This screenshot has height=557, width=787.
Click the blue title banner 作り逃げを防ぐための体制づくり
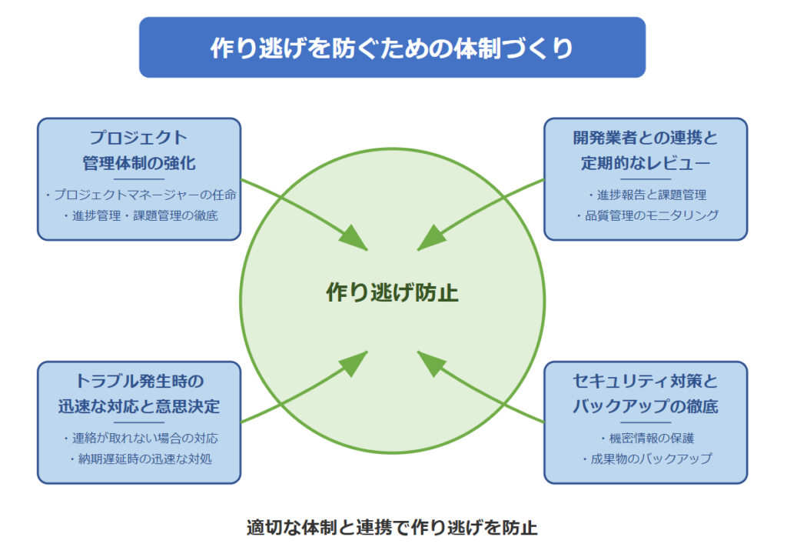(x=392, y=47)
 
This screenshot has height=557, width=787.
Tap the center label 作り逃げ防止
(x=392, y=292)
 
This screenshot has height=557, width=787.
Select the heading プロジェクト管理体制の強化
(x=139, y=150)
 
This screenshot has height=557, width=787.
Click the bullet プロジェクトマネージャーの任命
(x=141, y=195)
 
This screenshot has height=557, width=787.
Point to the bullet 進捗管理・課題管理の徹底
(x=141, y=215)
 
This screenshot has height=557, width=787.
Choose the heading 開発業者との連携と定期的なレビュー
(x=646, y=150)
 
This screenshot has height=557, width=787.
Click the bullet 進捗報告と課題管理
(x=647, y=195)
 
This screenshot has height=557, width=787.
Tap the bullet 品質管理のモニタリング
(x=647, y=215)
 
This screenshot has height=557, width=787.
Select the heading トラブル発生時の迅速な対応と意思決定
(x=139, y=393)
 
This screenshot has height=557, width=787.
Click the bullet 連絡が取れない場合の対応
(x=141, y=438)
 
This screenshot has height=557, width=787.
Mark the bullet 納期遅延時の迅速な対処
(x=141, y=459)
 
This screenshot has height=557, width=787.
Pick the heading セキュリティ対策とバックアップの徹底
(x=646, y=393)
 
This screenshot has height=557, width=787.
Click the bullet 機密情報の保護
(x=647, y=438)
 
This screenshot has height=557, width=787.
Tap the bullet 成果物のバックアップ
(x=647, y=459)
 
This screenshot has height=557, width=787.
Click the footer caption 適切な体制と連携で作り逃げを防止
(x=392, y=527)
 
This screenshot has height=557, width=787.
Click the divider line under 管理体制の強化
(x=139, y=178)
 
